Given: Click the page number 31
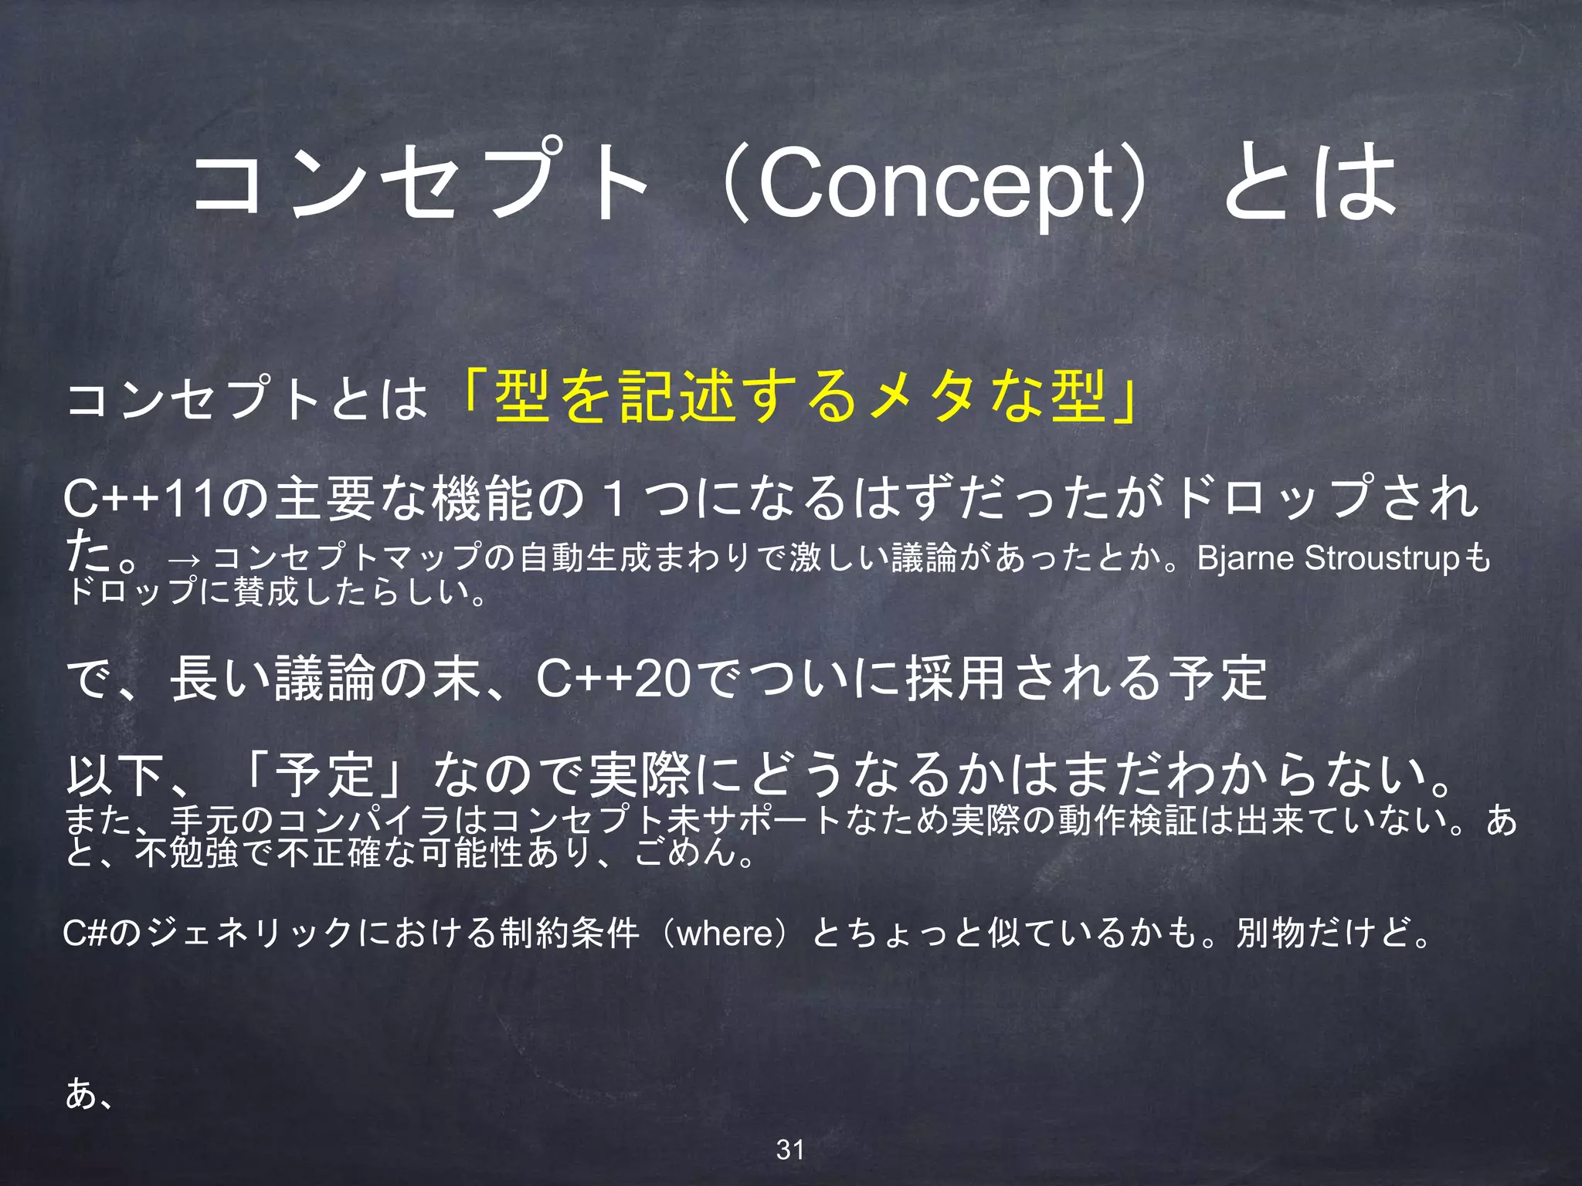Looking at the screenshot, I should [x=790, y=1150].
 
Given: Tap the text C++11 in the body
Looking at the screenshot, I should [x=140, y=499].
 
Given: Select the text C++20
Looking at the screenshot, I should [x=614, y=679].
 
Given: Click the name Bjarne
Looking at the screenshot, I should [x=1244, y=557].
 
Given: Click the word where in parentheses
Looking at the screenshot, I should [x=725, y=933].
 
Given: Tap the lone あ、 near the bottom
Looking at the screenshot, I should [x=90, y=1093].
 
